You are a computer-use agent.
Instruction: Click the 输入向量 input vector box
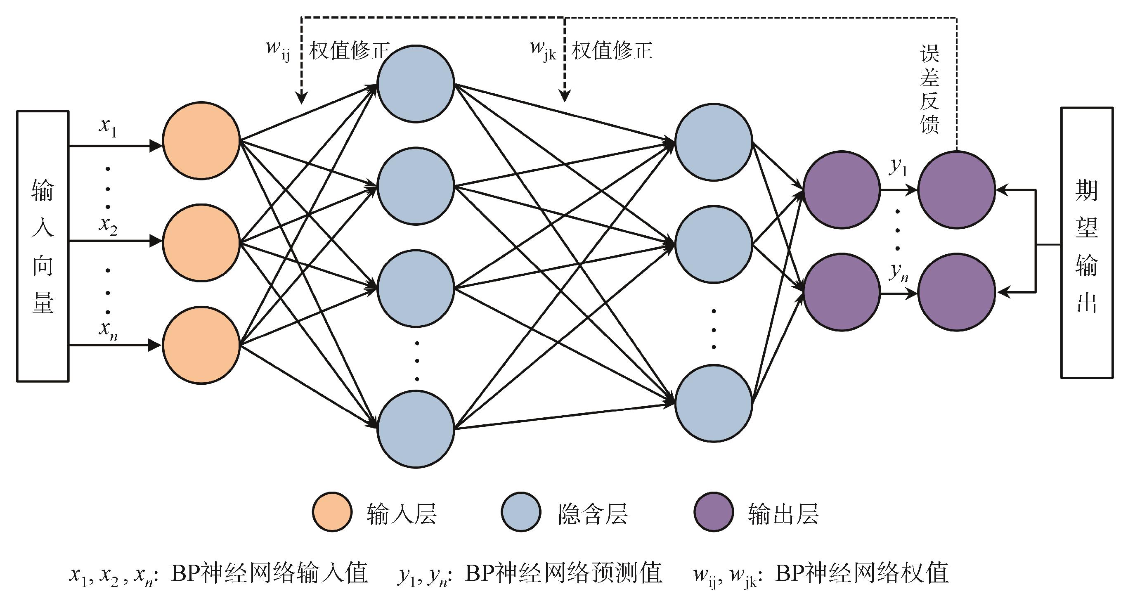tap(43, 246)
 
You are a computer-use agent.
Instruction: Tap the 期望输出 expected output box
tap(1086, 242)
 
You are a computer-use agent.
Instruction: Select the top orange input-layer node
tap(201, 141)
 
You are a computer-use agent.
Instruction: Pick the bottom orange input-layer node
tap(201, 345)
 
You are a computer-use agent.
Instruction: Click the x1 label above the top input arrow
tap(108, 127)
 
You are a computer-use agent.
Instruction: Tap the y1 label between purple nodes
tap(898, 167)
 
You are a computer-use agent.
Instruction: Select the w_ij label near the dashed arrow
tap(278, 49)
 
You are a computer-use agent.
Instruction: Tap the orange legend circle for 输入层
tap(332, 512)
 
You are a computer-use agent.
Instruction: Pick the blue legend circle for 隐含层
tap(520, 512)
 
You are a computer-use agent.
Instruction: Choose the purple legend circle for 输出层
tap(714, 512)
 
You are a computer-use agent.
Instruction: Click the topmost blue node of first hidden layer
tap(416, 84)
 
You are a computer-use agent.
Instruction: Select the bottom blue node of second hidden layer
tap(713, 403)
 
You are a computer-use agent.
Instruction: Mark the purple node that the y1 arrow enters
tap(956, 190)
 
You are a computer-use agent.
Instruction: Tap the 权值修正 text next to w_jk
tap(612, 51)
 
